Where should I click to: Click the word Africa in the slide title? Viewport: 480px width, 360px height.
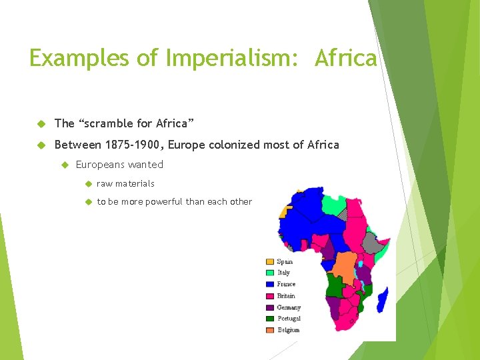(x=345, y=59)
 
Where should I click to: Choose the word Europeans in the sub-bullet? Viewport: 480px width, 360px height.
(x=101, y=165)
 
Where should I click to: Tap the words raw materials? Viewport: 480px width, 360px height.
(x=125, y=183)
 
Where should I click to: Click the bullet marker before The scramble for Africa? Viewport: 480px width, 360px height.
(x=40, y=124)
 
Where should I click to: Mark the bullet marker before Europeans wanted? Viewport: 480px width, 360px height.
(x=65, y=165)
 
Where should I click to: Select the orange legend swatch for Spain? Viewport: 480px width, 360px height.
(x=270, y=262)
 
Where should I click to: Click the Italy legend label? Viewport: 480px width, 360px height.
(x=283, y=273)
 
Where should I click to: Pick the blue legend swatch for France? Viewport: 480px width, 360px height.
(x=270, y=285)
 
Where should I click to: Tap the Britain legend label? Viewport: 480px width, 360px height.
(x=286, y=296)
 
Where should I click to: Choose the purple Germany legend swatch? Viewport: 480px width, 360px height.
(x=270, y=307)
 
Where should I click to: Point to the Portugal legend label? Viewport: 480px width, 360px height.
(x=288, y=319)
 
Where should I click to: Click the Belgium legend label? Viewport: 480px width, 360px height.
(x=288, y=330)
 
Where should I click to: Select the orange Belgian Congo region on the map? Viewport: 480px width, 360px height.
(x=345, y=267)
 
